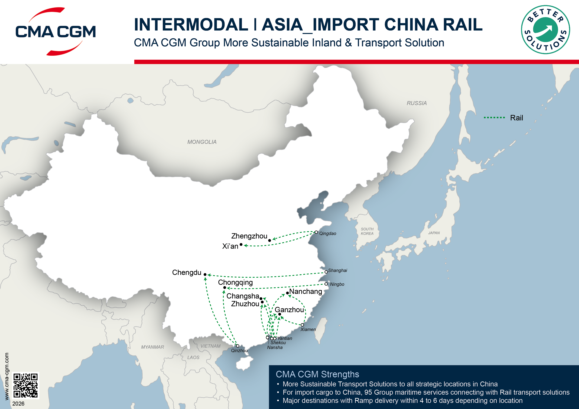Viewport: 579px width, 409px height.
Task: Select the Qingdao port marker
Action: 316,232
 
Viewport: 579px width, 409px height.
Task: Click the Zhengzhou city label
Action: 249,236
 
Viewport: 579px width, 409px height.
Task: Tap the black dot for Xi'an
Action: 241,244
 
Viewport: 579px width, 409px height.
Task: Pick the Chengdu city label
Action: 187,272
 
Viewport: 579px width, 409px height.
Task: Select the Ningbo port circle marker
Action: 326,284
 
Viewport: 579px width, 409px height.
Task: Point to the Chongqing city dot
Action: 225,287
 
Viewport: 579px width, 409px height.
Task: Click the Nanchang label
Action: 306,292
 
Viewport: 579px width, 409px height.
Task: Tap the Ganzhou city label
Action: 289,310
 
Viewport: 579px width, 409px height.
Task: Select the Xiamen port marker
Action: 302,325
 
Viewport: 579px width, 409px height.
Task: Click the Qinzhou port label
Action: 239,350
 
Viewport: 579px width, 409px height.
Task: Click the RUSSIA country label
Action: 417,103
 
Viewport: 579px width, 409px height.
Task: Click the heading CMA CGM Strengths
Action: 317,374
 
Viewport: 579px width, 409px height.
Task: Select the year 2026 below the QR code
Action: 18,403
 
